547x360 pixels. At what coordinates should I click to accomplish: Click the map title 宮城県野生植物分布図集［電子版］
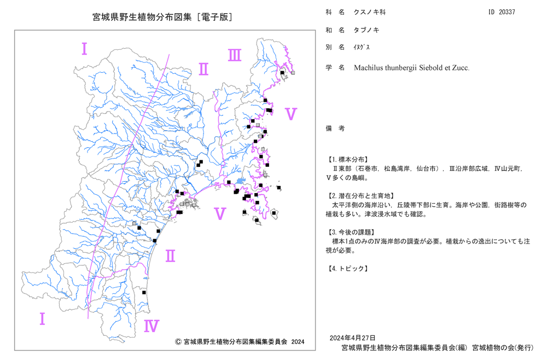pyautogui.click(x=162, y=17)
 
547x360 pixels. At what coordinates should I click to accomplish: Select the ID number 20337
pyautogui.click(x=507, y=12)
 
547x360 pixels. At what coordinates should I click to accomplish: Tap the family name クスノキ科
pyautogui.click(x=370, y=12)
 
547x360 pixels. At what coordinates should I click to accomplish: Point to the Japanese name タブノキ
pyautogui.click(x=366, y=30)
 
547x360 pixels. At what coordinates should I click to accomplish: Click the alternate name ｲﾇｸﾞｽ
pyautogui.click(x=362, y=47)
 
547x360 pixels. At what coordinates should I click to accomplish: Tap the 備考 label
pyautogui.click(x=335, y=129)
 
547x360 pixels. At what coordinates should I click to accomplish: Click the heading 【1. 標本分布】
pyautogui.click(x=347, y=160)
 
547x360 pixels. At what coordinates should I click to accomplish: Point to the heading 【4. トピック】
pyautogui.click(x=347, y=269)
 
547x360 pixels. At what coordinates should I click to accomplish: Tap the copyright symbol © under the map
pyautogui.click(x=178, y=342)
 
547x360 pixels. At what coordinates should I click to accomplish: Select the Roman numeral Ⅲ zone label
pyautogui.click(x=235, y=55)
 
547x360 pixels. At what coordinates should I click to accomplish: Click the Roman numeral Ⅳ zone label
pyautogui.click(x=152, y=326)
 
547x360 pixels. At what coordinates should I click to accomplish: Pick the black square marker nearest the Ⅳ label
pyautogui.click(x=144, y=293)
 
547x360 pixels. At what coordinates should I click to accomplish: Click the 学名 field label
pyautogui.click(x=335, y=68)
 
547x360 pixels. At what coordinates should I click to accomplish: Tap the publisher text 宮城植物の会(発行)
pyautogui.click(x=503, y=348)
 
